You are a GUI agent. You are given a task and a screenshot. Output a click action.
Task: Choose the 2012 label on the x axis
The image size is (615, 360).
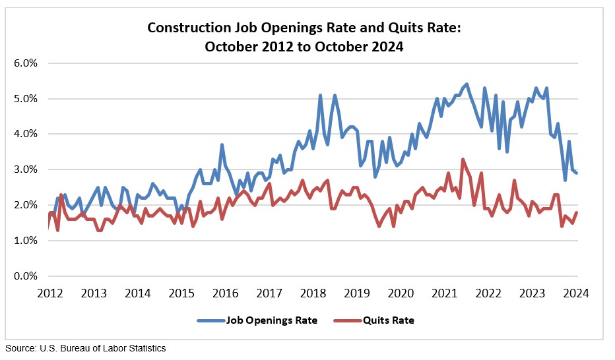pos(50,292)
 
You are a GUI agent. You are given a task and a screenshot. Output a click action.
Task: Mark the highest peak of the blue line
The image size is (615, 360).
pos(467,84)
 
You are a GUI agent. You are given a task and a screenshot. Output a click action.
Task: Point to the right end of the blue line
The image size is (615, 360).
pos(578,173)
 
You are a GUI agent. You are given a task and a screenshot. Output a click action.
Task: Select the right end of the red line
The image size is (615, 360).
pos(578,212)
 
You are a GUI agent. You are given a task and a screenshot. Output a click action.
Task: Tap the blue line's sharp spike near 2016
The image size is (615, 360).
pos(222,144)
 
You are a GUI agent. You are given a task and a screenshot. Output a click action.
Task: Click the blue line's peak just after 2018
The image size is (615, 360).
pos(321,95)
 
